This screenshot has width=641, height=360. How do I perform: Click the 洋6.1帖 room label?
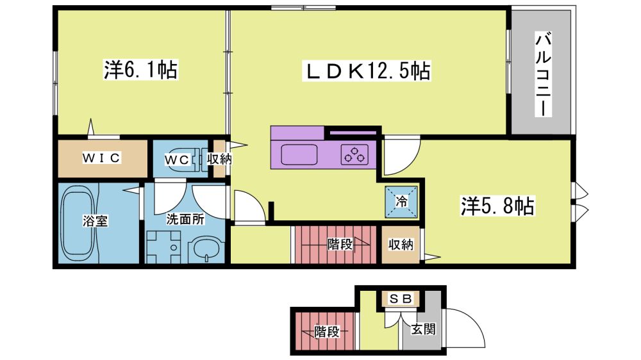tap(140, 70)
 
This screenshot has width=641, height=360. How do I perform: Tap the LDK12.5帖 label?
tap(366, 71)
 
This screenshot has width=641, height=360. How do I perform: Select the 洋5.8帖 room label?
tap(497, 206)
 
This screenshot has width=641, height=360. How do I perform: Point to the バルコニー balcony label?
tap(543, 75)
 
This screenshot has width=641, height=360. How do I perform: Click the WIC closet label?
tap(101, 158)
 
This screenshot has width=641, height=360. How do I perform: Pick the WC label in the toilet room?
tap(177, 160)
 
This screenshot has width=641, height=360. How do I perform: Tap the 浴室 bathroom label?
tap(96, 221)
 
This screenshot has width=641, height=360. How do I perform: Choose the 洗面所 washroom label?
tap(185, 219)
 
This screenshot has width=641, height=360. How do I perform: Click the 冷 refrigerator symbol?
tap(401, 201)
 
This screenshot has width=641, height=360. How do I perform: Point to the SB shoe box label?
tap(401, 299)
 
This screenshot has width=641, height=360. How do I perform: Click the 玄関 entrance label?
tap(423, 329)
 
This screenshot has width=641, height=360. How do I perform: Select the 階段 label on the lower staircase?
tap(327, 331)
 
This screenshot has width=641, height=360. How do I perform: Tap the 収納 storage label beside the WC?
tap(219, 159)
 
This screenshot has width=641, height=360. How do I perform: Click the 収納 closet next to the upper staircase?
tap(401, 245)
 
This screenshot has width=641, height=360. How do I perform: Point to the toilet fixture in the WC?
tap(199, 160)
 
